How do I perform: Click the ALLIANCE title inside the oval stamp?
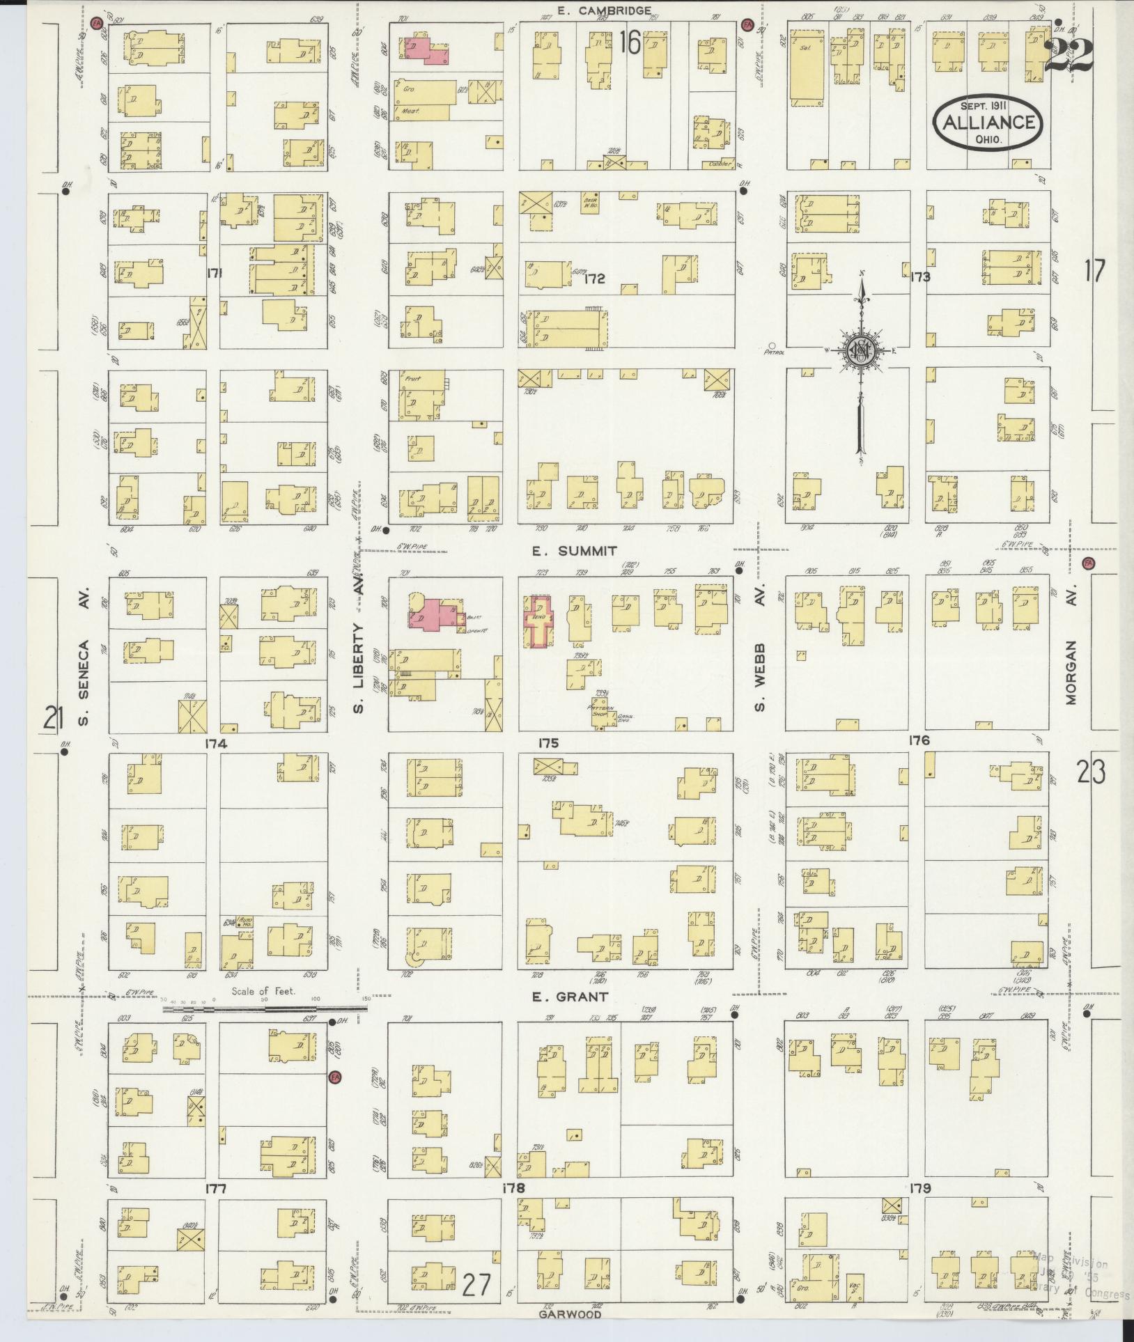(988, 123)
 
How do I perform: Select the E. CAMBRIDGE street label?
(605, 10)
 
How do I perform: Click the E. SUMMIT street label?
(574, 551)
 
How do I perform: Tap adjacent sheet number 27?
(477, 1285)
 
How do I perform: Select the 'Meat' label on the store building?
(408, 111)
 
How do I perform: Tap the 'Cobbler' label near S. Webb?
(720, 164)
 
